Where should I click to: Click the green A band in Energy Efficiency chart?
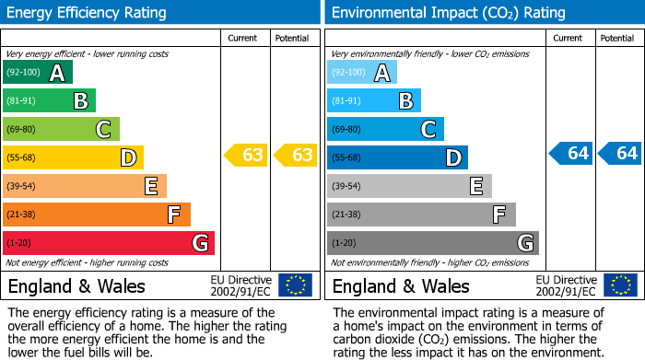tap(37, 73)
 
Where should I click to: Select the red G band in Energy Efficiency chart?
tap(109, 243)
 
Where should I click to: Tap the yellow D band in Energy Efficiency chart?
tap(73, 157)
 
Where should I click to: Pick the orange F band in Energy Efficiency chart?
tap(97, 215)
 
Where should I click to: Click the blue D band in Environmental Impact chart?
tap(397, 157)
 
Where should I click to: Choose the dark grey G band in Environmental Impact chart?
tap(432, 243)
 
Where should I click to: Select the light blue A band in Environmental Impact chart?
tap(362, 73)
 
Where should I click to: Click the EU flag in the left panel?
tap(295, 285)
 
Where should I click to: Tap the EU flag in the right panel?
tap(620, 285)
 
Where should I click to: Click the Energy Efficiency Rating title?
tap(88, 13)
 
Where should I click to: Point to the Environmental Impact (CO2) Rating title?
tap(448, 13)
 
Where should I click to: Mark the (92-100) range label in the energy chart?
tap(22, 73)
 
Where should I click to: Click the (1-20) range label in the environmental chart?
tap(345, 243)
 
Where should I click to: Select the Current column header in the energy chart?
tap(243, 38)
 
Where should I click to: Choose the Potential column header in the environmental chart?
tap(617, 38)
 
